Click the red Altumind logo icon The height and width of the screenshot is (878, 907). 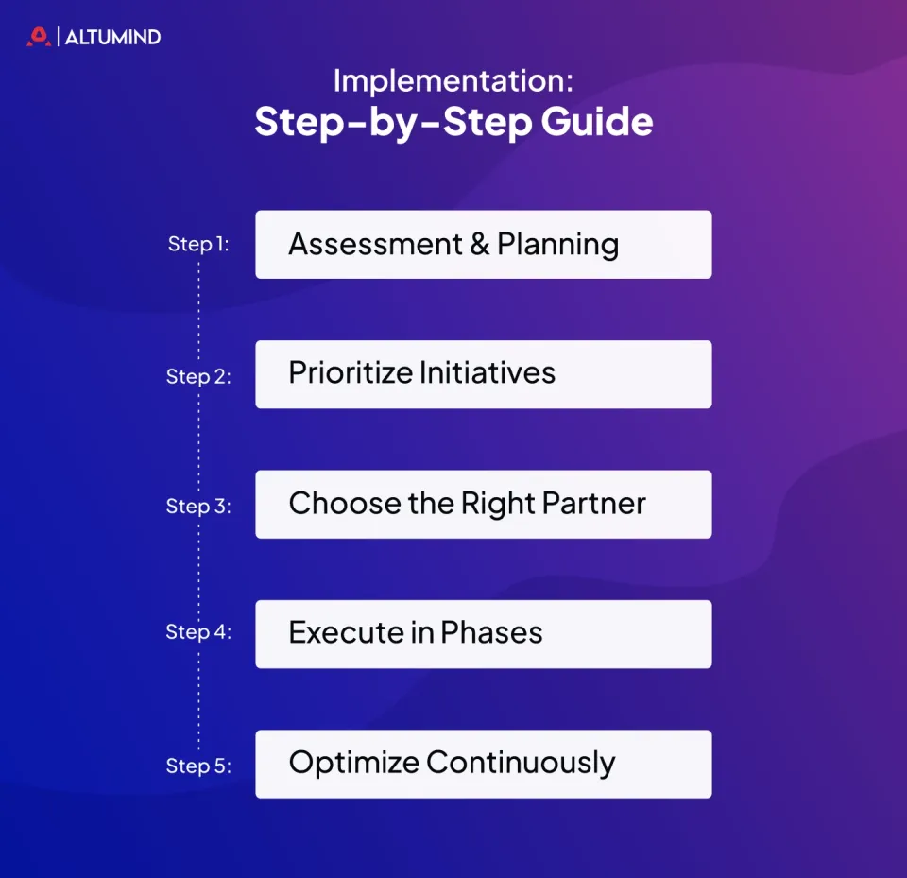point(39,37)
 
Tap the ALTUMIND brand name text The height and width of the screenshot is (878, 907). point(112,37)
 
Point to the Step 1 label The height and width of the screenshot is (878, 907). point(197,244)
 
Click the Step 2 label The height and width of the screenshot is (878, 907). point(198,377)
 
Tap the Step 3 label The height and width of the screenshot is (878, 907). point(198,507)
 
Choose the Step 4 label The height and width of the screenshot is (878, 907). point(198,632)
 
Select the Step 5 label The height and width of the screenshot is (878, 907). point(198,766)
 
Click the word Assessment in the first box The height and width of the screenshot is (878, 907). point(375,244)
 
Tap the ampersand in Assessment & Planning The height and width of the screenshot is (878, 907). point(480,244)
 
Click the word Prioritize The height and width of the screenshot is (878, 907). point(350,373)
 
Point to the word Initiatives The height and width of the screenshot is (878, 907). point(488,372)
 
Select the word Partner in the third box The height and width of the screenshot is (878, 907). point(594,503)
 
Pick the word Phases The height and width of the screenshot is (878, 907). point(491,632)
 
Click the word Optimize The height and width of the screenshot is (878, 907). point(353,764)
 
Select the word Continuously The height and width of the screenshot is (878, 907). point(522,764)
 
